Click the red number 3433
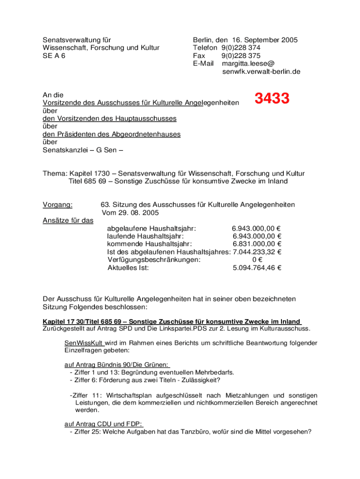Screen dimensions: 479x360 pyautogui.click(x=272, y=99)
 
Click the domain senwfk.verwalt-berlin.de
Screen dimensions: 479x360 pyautogui.click(x=261, y=72)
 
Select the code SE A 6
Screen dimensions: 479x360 pyautogui.click(x=54, y=56)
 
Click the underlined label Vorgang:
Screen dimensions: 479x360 pyautogui.click(x=58, y=205)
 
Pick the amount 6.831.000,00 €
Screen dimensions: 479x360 pyautogui.click(x=257, y=244)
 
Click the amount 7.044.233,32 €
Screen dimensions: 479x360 pyautogui.click(x=257, y=252)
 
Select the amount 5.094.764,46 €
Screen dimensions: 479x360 pyautogui.click(x=257, y=268)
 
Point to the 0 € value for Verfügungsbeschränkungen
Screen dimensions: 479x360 pyautogui.click(x=257, y=260)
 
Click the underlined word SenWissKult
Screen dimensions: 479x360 pyautogui.click(x=84, y=343)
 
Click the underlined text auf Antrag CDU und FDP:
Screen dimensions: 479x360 pyautogui.click(x=103, y=424)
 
